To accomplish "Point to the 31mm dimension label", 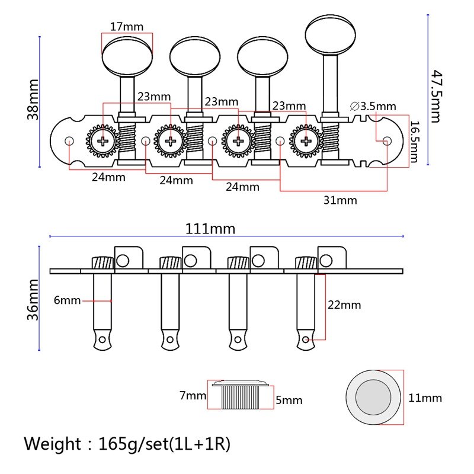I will pyautogui.click(x=340, y=200).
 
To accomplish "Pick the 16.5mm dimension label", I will pyautogui.click(x=415, y=142).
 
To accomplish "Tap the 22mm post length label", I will pyautogui.click(x=344, y=305).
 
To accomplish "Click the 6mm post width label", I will pyautogui.click(x=67, y=300).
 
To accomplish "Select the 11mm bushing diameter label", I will pyautogui.click(x=425, y=398).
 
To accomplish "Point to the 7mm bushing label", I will pyautogui.click(x=194, y=395).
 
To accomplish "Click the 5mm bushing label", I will pyautogui.click(x=289, y=401).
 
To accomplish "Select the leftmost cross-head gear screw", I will pyautogui.click(x=104, y=142).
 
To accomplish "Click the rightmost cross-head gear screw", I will pyautogui.click(x=306, y=142).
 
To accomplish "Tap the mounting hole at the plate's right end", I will pyautogui.click(x=387, y=141).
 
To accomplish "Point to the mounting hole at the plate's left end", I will pyautogui.click(x=69, y=141).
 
